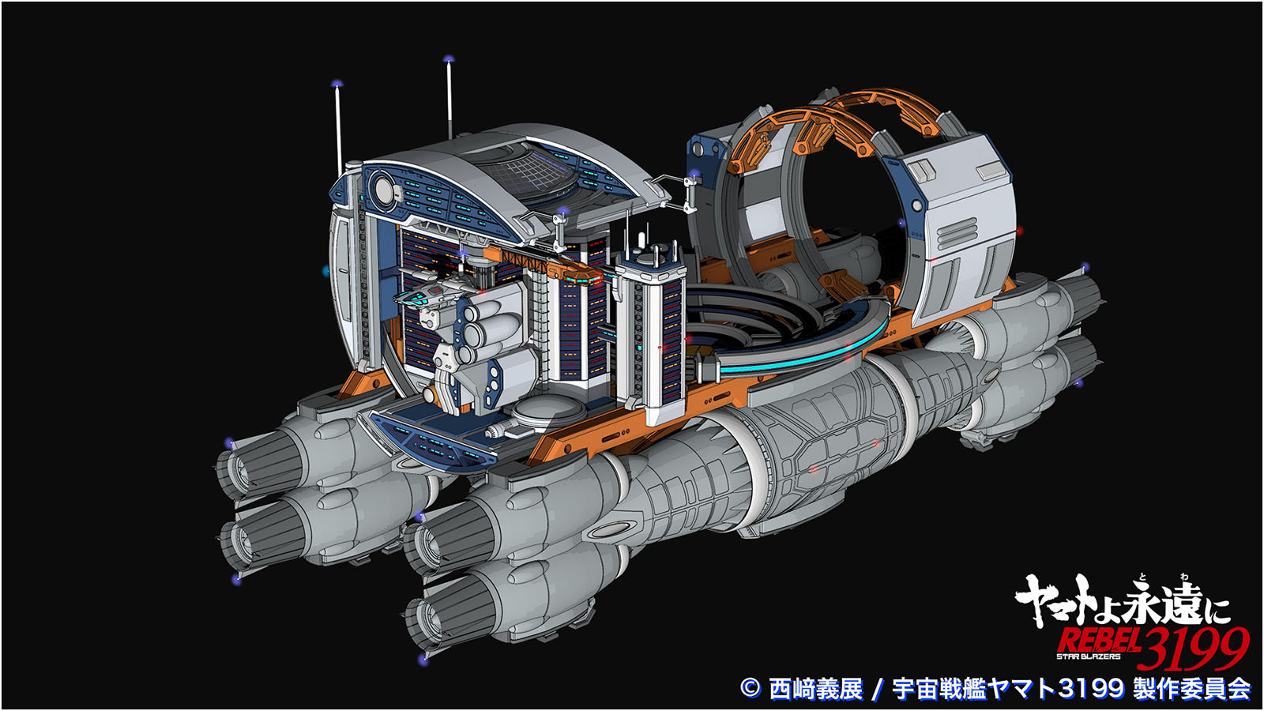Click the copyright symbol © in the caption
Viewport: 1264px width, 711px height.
(750, 688)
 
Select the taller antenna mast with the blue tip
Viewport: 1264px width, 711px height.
(450, 98)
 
